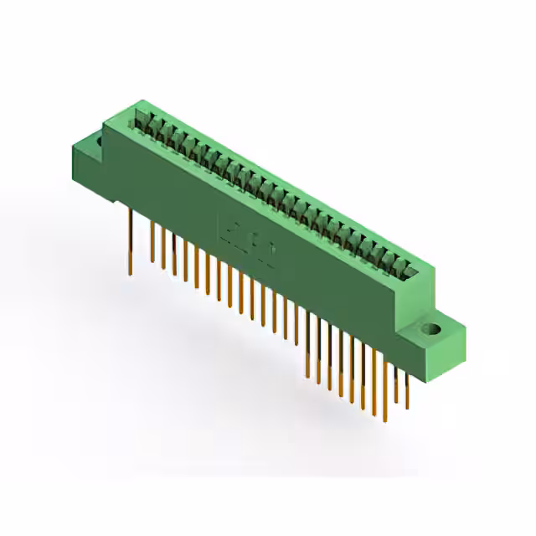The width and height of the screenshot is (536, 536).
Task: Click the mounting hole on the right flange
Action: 435,329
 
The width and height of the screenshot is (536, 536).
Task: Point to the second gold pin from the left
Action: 153,243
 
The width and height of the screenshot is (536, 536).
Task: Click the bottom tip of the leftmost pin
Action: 131,273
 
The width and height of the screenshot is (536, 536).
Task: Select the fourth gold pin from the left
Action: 173,255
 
